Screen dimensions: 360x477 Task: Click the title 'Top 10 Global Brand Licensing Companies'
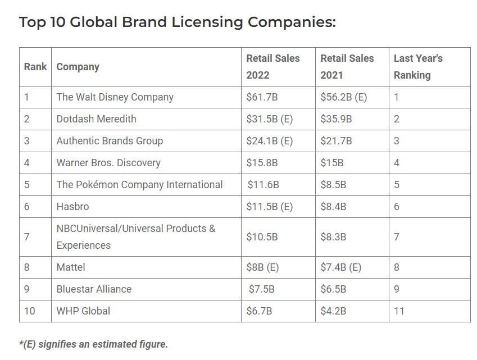click(177, 22)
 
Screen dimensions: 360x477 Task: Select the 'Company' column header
click(78, 67)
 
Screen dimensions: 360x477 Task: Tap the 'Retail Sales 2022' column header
click(273, 66)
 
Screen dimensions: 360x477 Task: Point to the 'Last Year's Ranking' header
click(418, 66)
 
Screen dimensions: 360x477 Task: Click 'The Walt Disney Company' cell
click(115, 97)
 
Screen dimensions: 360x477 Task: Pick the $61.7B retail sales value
click(262, 97)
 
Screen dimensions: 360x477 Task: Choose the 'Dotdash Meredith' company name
click(96, 119)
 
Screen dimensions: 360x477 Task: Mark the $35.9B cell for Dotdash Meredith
click(336, 119)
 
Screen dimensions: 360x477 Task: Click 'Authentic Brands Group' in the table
click(110, 141)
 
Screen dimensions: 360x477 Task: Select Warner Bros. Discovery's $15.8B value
click(262, 163)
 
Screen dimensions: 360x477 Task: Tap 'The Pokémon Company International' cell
click(139, 185)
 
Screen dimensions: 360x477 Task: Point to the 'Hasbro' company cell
click(72, 207)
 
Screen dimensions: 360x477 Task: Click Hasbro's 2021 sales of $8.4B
click(333, 207)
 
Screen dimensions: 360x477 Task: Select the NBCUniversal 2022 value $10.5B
click(262, 237)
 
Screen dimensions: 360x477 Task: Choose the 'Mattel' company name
click(71, 267)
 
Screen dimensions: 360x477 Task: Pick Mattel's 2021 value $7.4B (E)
click(340, 267)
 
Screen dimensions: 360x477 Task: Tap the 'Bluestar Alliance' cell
click(94, 289)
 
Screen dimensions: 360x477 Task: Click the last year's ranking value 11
click(399, 311)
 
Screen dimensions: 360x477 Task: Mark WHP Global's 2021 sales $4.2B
click(333, 311)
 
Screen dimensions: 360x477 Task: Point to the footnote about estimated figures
click(93, 344)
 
